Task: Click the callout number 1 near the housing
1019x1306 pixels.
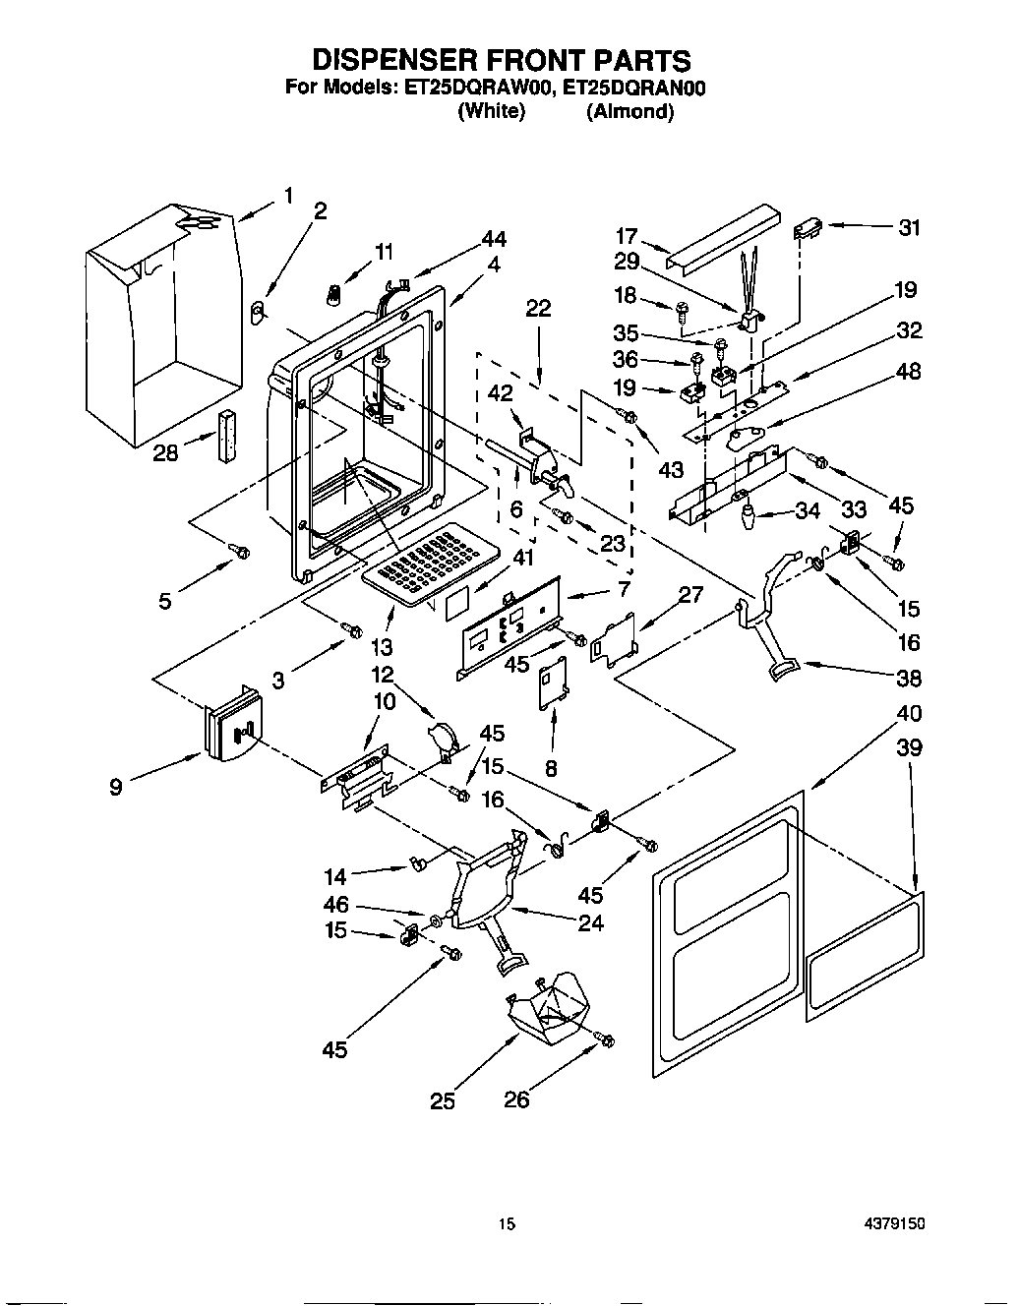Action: (x=288, y=197)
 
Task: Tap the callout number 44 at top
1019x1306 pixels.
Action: (x=494, y=239)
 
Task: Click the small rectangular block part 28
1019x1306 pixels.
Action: (x=228, y=434)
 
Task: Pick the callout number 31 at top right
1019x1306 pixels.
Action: (x=910, y=228)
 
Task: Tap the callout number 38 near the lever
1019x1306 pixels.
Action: (x=910, y=679)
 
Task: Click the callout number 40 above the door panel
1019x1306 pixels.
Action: (x=910, y=714)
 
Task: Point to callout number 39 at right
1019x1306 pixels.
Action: (x=910, y=747)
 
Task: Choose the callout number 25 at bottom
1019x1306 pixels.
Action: (x=443, y=1101)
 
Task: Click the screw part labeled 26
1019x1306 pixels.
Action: (x=606, y=1039)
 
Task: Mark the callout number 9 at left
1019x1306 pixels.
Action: (x=116, y=787)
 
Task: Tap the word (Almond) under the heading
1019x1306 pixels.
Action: (x=629, y=111)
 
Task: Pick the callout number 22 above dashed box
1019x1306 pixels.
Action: (x=538, y=309)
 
